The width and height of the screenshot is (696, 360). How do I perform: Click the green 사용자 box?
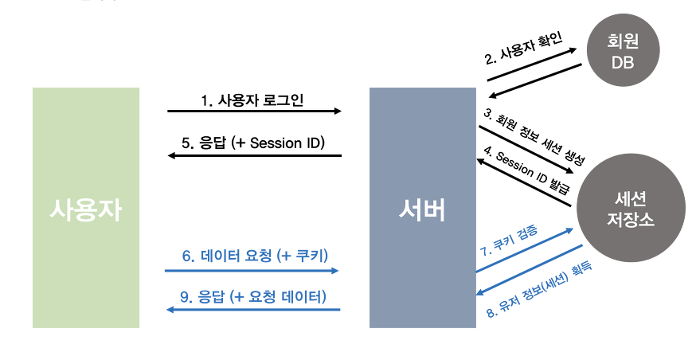(86, 207)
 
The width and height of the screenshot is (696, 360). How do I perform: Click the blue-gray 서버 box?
(422, 207)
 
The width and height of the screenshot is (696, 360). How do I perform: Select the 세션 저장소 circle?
(630, 209)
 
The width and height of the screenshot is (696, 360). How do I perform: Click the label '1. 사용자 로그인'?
(252, 100)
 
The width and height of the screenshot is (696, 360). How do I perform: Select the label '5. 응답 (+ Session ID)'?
(252, 143)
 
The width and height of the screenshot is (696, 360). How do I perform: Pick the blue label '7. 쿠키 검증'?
(510, 240)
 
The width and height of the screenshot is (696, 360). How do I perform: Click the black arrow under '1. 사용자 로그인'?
(254, 112)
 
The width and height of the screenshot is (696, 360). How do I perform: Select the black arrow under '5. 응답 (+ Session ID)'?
(254, 155)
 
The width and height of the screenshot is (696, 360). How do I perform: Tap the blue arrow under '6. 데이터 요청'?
(252, 271)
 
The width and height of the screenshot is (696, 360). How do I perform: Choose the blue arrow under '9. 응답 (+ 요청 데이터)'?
(254, 309)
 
